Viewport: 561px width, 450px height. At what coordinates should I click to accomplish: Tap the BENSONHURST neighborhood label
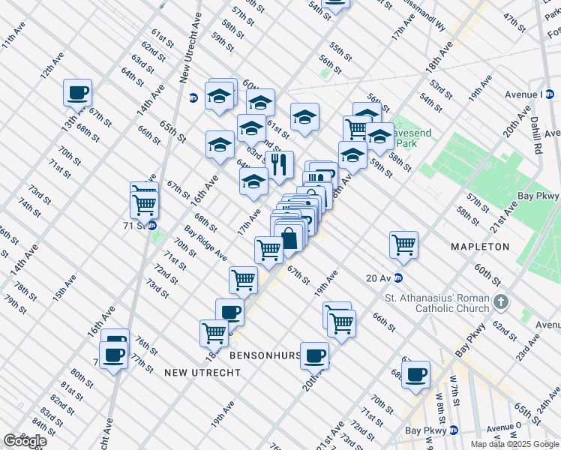pyautogui.click(x=266, y=354)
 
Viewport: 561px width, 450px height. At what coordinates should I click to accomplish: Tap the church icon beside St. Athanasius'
pyautogui.click(x=502, y=303)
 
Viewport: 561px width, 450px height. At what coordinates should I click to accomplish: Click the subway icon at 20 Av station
pyautogui.click(x=400, y=277)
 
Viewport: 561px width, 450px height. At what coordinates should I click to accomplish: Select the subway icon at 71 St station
pyautogui.click(x=151, y=225)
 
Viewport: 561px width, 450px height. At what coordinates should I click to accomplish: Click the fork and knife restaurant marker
pyautogui.click(x=279, y=164)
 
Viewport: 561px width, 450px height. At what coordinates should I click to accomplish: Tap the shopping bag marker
pyautogui.click(x=289, y=239)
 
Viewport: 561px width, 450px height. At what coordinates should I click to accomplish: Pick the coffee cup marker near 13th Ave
pyautogui.click(x=78, y=93)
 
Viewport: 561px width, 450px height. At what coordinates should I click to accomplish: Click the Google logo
pyautogui.click(x=25, y=441)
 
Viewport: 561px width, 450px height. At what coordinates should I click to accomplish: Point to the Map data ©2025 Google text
pyautogui.click(x=514, y=444)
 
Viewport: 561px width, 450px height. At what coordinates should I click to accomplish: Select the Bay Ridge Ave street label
pyautogui.click(x=205, y=243)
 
